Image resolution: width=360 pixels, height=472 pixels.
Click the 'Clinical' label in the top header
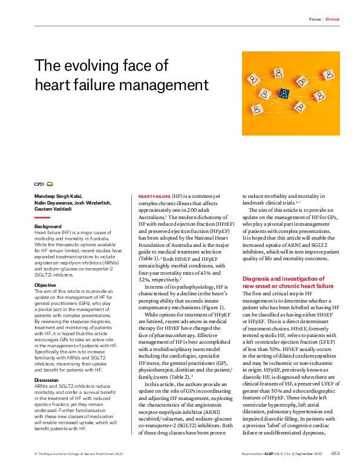pos(332,19)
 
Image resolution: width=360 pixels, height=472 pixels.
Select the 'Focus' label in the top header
pos(315,19)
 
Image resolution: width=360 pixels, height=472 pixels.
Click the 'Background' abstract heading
pos(48,226)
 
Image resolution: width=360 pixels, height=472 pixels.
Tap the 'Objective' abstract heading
pos(45,284)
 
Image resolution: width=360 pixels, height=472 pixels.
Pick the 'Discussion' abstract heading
pos(47,362)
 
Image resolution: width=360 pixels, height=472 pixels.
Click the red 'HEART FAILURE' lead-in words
pos(154,197)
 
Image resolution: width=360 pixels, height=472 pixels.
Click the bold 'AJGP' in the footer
pos(269,453)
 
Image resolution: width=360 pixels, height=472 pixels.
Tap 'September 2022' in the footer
pos(310,453)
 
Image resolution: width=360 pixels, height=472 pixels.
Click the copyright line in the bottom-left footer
pos(73,453)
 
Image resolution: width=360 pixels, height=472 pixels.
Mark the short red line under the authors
pos(42,217)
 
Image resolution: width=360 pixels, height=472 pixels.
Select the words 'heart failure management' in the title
pos(122,84)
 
